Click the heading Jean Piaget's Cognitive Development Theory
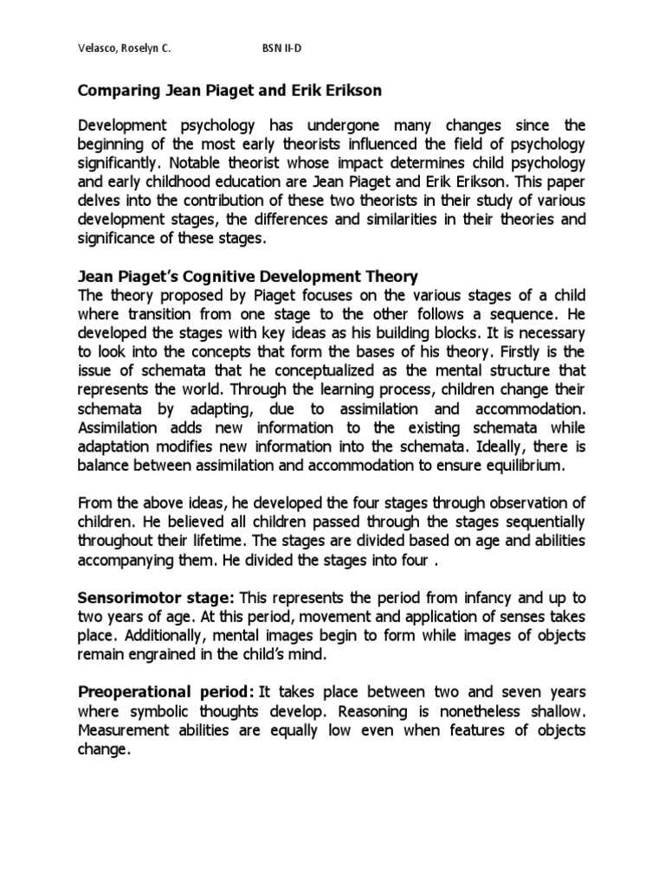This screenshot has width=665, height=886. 249,277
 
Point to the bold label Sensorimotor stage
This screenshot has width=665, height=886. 157,598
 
